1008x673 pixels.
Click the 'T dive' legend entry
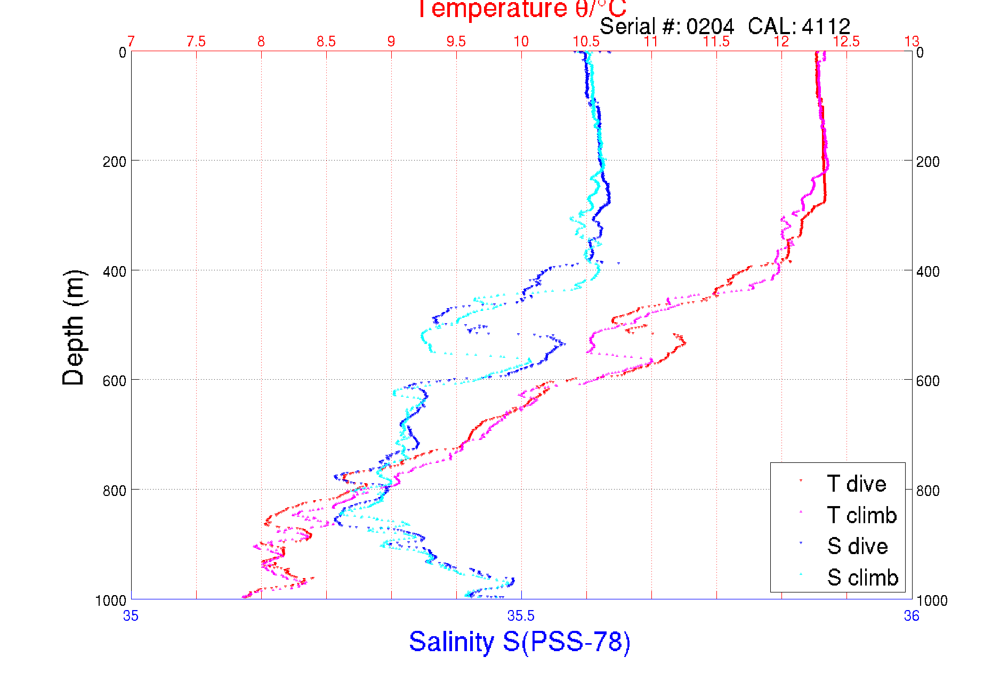coord(856,484)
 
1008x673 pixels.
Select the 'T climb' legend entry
coord(861,515)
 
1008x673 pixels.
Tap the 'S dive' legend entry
coord(857,546)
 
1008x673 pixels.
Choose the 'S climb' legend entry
coord(862,578)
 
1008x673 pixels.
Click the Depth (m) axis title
coord(74,327)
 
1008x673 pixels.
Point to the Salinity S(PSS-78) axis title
coord(520,642)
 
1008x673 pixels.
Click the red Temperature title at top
coord(521,9)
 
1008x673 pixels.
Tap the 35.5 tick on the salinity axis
coord(521,616)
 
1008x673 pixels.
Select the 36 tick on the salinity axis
coord(912,616)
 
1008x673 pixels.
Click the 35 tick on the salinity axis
coord(131,616)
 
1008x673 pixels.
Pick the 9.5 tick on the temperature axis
coord(456,42)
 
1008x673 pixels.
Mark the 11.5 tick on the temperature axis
coord(716,42)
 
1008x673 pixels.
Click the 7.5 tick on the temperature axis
coord(196,42)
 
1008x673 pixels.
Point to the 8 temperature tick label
coord(261,42)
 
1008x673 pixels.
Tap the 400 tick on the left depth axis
coord(115,271)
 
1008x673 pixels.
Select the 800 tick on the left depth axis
coord(115,490)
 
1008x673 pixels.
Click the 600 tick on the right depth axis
coord(928,381)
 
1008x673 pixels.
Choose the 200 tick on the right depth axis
coord(928,162)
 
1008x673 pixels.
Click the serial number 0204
coord(710,26)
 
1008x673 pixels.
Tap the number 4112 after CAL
coord(826,26)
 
